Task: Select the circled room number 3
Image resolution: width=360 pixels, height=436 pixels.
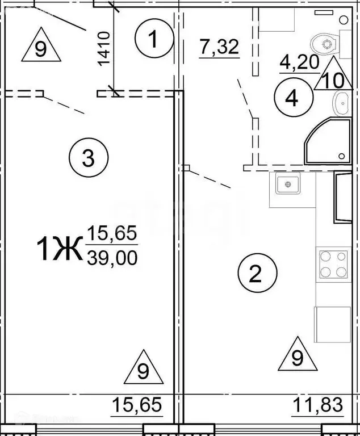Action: pyautogui.click(x=88, y=158)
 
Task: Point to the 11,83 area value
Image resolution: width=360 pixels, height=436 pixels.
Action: pyautogui.click(x=319, y=406)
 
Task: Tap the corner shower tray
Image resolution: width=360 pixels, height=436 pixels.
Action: pyautogui.click(x=328, y=141)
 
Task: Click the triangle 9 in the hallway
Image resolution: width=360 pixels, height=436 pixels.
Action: pyautogui.click(x=40, y=48)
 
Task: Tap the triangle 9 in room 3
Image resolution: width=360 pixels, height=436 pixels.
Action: pyautogui.click(x=143, y=369)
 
